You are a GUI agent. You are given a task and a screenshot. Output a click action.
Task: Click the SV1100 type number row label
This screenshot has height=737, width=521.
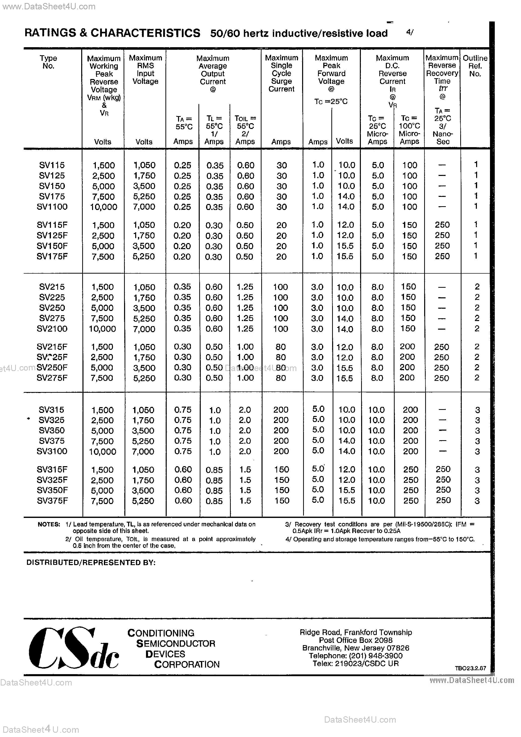click(52, 207)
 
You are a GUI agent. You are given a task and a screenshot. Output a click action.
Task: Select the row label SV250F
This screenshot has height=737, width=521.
click(52, 367)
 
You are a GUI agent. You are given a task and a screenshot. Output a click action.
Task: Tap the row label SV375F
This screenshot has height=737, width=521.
click(52, 501)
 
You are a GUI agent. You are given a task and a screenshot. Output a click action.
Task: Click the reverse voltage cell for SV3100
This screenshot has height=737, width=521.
click(102, 452)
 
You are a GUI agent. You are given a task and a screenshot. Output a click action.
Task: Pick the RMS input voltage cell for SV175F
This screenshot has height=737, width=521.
click(144, 256)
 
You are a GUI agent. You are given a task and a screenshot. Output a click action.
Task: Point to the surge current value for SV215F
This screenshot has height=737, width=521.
click(281, 347)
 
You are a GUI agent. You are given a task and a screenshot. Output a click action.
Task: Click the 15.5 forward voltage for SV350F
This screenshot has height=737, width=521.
click(346, 490)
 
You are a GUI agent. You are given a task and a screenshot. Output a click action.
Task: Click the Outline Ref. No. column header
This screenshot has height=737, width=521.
click(475, 66)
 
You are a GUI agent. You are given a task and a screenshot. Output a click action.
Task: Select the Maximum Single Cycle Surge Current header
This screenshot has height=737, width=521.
click(281, 73)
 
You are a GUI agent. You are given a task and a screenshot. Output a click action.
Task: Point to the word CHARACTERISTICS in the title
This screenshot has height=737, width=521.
click(146, 33)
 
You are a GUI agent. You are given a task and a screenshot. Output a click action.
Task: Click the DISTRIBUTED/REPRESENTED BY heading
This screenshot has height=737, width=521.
click(91, 563)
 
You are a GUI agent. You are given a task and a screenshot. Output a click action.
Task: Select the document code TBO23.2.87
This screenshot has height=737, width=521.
click(470, 668)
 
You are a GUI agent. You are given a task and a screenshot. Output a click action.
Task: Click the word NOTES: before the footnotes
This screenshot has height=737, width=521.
click(49, 524)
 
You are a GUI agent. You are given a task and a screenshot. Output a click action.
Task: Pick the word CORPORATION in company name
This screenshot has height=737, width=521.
click(187, 665)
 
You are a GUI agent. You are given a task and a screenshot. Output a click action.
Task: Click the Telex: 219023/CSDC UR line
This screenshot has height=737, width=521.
click(356, 664)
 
